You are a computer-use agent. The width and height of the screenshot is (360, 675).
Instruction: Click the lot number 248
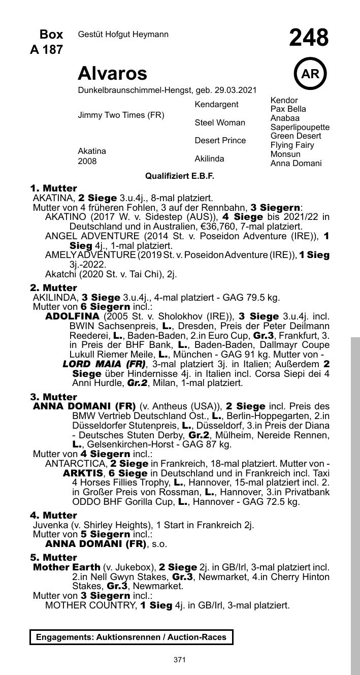click(309, 38)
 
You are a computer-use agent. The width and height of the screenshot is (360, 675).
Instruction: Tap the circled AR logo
click(310, 74)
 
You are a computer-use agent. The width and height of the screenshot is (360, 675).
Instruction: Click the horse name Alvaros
click(112, 74)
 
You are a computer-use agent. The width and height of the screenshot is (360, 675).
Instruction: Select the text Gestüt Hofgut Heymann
click(123, 35)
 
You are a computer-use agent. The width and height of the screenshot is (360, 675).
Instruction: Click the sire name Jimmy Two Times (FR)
click(121, 115)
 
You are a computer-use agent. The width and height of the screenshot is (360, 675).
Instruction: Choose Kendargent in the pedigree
click(216, 105)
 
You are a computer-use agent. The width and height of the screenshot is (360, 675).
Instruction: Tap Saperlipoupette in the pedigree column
click(300, 127)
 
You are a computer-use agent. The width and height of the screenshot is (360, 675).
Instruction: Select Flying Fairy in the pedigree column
click(292, 145)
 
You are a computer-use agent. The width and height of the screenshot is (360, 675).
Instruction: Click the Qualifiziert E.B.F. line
click(180, 176)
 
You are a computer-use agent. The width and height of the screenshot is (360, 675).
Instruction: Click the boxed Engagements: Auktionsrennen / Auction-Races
click(132, 637)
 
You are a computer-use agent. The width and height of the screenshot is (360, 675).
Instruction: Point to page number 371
click(180, 660)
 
